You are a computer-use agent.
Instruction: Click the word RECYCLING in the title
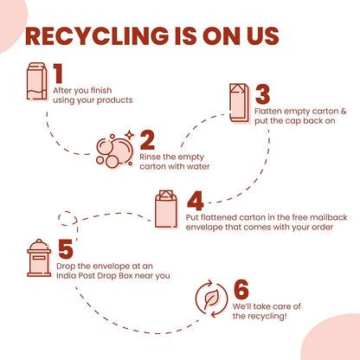tap(97, 36)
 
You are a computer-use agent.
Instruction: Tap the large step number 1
tap(58, 74)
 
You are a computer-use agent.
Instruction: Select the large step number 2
tap(147, 140)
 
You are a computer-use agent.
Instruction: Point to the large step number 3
tap(262, 94)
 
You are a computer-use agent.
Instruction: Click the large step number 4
tap(196, 201)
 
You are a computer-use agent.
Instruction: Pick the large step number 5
tap(66, 249)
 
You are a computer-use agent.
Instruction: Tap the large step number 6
tap(241, 289)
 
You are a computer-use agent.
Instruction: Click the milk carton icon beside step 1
tap(37, 81)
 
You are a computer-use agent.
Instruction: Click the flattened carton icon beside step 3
tap(240, 103)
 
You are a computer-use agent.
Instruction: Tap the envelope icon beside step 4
tap(166, 209)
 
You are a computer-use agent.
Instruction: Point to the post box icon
tap(39, 258)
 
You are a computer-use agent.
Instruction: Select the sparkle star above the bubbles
tap(130, 135)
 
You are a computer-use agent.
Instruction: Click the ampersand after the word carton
tap(344, 111)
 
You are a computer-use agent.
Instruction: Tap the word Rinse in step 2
tap(150, 157)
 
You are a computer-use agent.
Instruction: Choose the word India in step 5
tap(65, 275)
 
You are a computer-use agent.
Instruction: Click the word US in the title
tap(263, 36)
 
